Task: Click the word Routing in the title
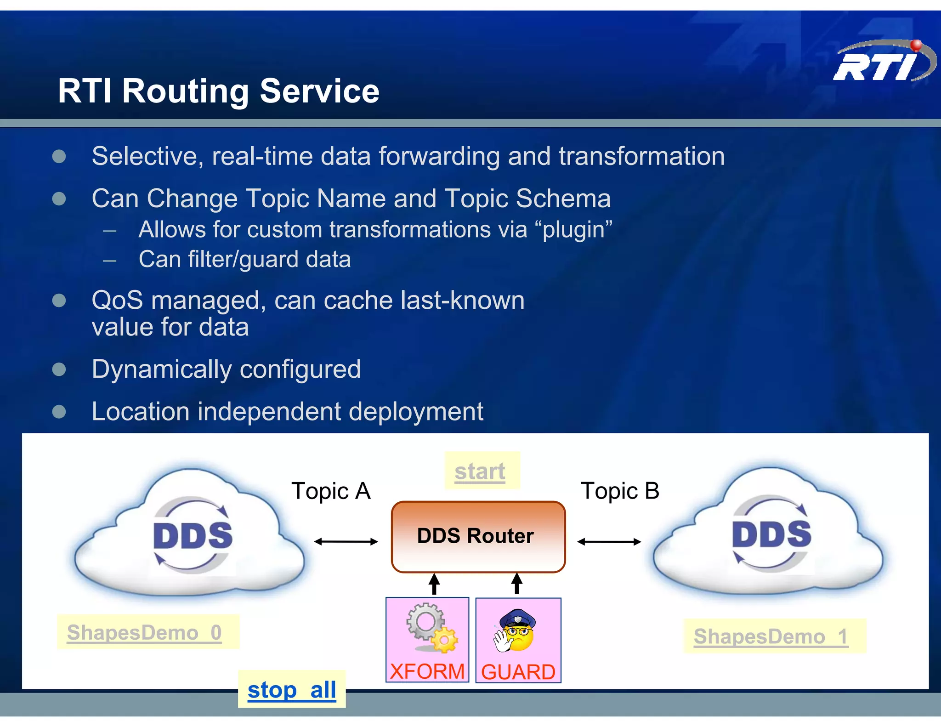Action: click(185, 91)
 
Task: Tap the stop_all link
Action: click(292, 690)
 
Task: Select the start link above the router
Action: click(480, 471)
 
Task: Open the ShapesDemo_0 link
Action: click(144, 633)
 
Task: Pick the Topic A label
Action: click(331, 491)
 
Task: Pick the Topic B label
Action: click(620, 491)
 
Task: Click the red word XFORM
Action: click(427, 671)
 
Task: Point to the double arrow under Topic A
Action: click(346, 542)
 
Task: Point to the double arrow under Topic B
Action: click(609, 542)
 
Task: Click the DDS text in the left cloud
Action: click(193, 536)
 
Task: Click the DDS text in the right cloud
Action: click(771, 534)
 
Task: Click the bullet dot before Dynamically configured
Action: click(59, 369)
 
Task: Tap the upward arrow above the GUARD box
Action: click(517, 583)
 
